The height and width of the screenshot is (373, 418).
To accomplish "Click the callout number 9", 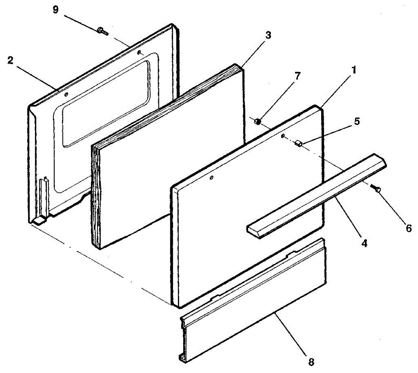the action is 56,10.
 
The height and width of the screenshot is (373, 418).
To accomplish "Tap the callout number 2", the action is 10,60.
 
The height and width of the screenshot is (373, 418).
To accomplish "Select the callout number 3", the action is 268,35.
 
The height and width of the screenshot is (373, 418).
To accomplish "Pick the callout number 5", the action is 357,121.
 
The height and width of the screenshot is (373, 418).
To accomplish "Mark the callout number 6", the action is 408,228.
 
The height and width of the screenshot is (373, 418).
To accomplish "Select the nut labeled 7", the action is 257,121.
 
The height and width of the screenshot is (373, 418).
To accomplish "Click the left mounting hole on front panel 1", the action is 211,178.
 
